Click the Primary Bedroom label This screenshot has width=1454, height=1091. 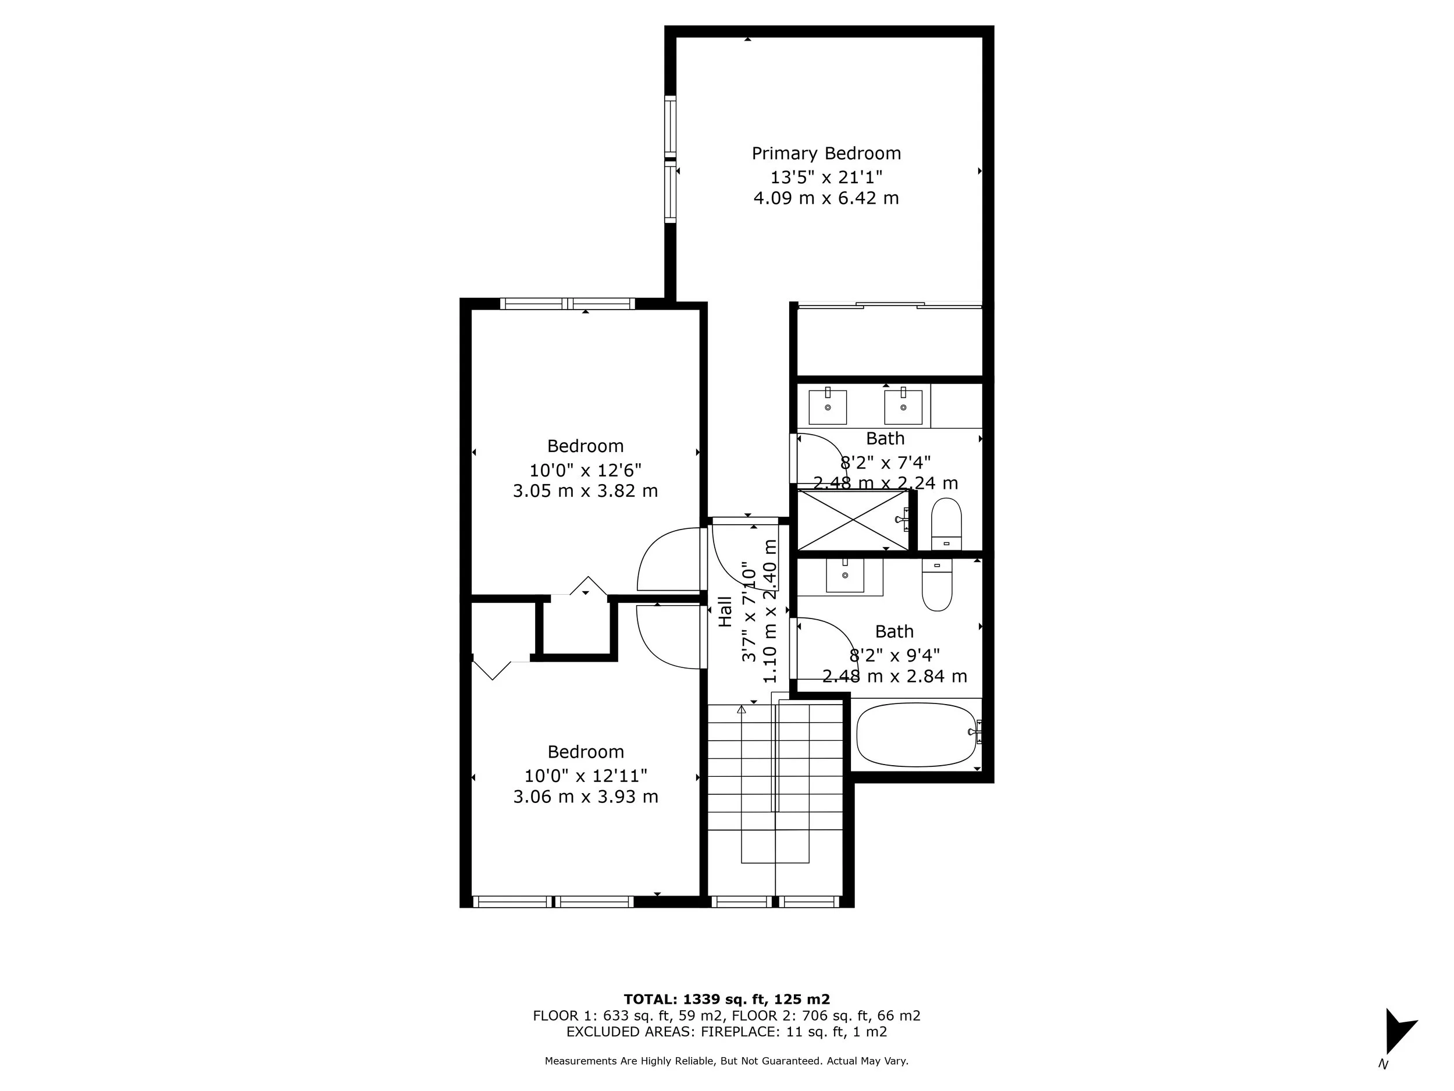826,153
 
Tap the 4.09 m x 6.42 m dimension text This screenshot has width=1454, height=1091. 826,198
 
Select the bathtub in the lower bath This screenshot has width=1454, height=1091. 916,734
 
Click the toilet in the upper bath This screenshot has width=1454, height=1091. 946,524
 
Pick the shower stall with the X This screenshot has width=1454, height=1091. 853,520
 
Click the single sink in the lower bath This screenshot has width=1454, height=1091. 844,575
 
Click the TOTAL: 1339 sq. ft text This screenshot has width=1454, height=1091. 726,1000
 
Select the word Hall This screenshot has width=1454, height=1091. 725,612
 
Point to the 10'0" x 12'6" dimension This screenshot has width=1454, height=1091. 585,470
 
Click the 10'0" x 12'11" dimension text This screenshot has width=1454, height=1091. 585,776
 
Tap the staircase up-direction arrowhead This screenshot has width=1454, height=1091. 742,709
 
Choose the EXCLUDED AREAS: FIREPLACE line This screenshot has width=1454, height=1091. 726,1032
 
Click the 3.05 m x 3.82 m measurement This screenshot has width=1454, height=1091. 585,491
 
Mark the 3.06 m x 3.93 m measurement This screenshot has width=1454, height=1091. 585,797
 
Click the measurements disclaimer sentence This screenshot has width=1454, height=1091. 726,1061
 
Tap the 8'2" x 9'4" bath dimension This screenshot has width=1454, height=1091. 894,655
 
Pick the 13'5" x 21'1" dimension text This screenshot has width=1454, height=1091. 826,177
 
